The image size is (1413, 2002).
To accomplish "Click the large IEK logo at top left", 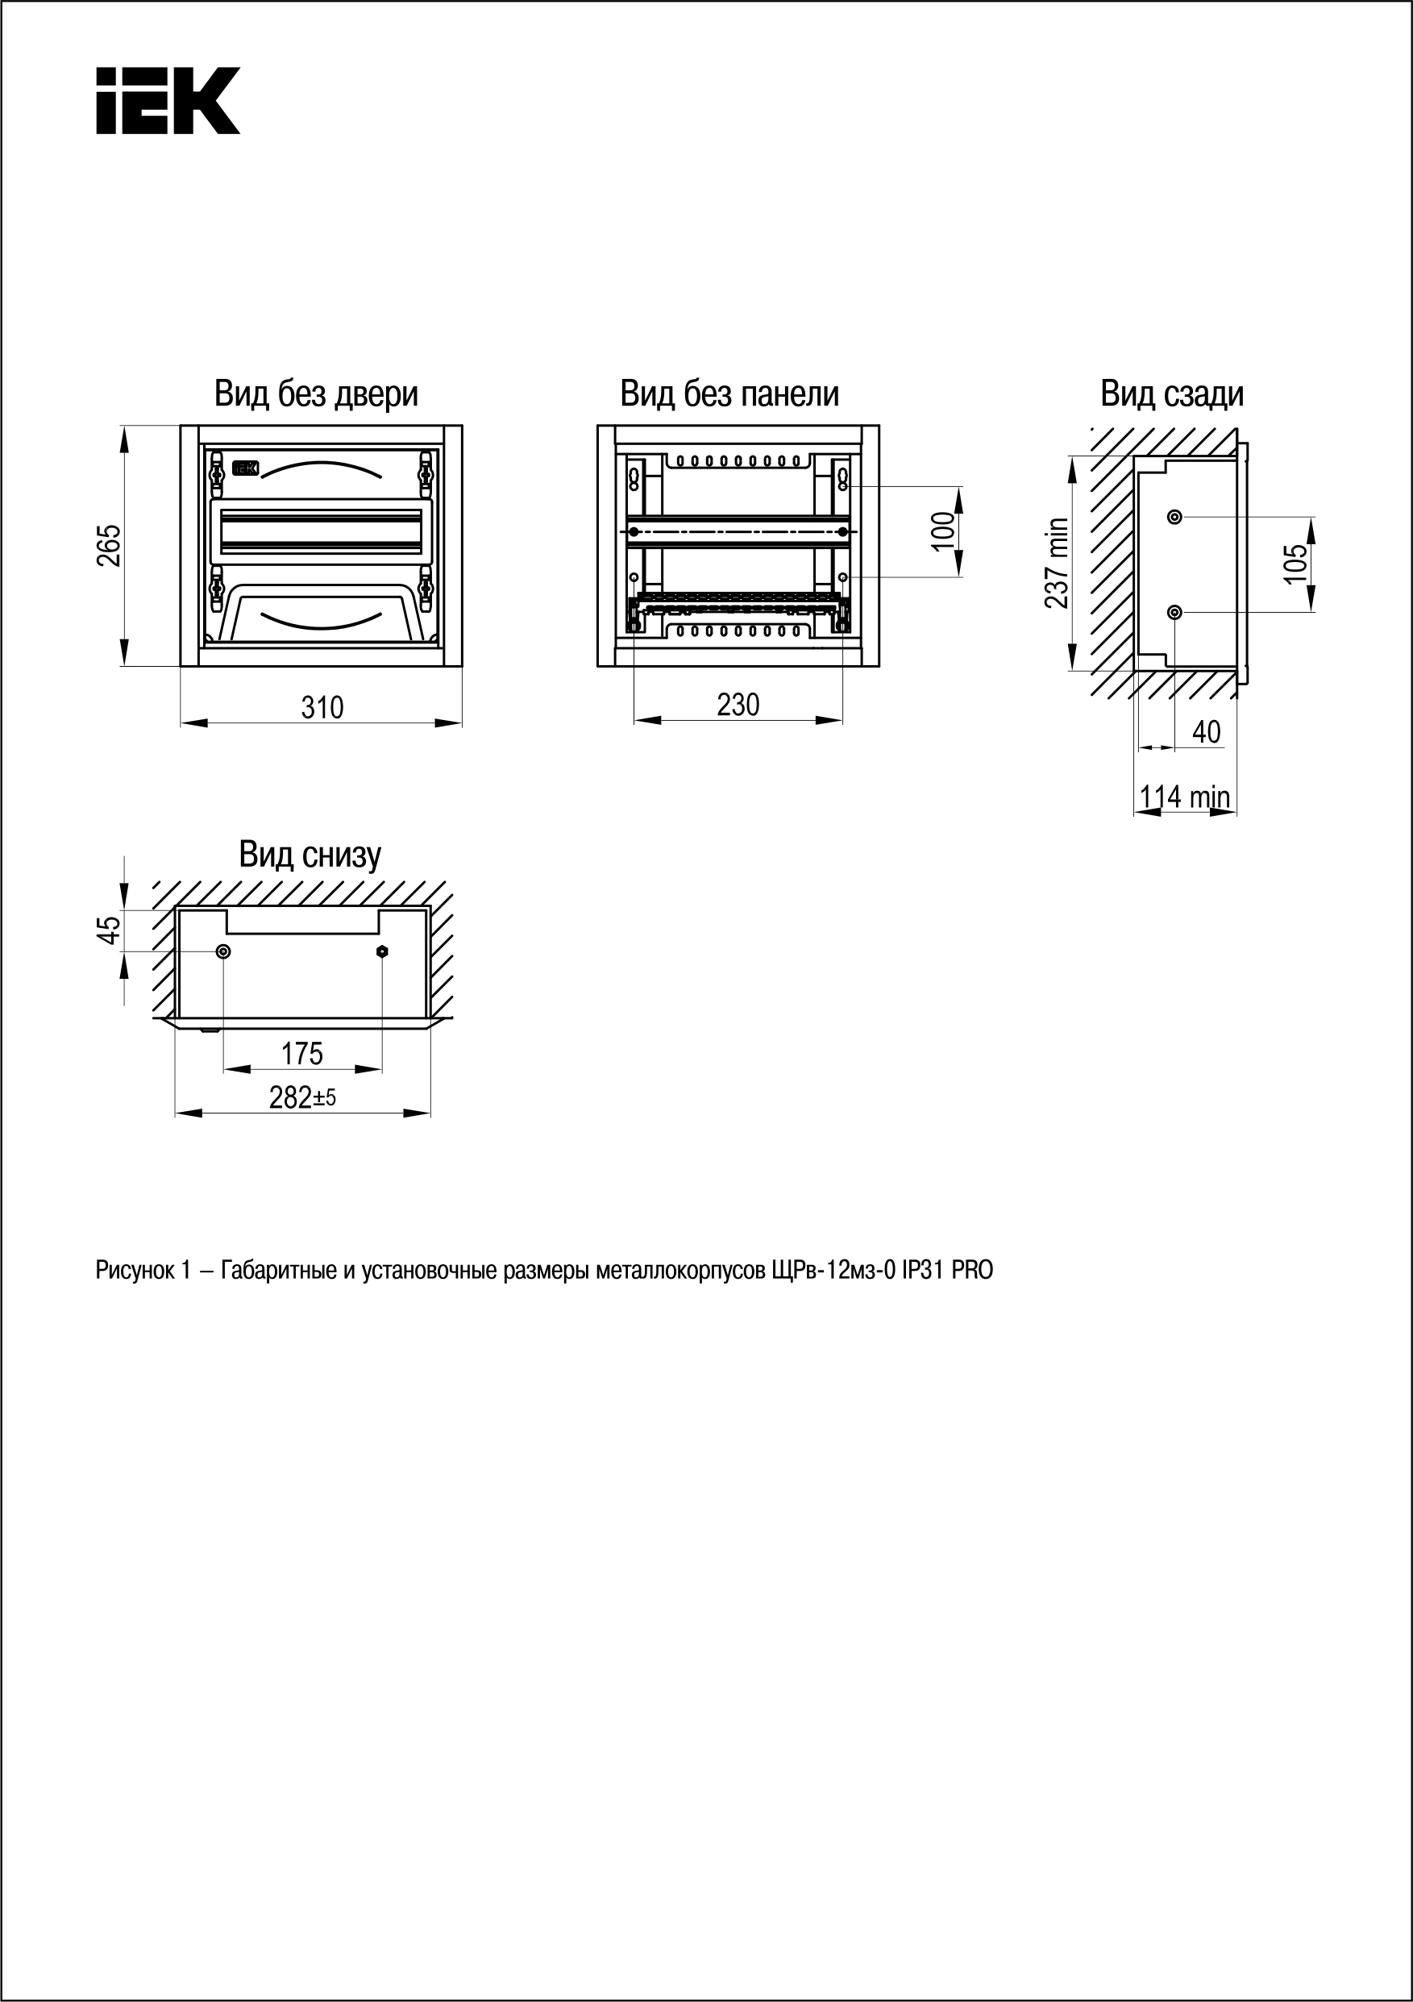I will [168, 100].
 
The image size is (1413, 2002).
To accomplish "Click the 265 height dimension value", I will [109, 545].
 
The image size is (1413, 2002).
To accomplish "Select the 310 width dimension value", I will [322, 707].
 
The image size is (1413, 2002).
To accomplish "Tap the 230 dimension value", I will [738, 705].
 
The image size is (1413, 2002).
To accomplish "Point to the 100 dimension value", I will [943, 531].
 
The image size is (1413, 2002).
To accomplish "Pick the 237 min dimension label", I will [1057, 563].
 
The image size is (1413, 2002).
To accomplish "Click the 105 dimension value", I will [1296, 564].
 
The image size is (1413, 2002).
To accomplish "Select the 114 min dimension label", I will [1185, 796].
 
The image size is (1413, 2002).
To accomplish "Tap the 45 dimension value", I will [109, 930].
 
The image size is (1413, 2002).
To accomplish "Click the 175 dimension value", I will [301, 1053].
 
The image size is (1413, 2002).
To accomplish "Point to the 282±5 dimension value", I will [301, 1097].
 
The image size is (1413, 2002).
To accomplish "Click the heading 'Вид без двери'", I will [317, 394].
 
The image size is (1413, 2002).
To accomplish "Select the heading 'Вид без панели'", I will [729, 394].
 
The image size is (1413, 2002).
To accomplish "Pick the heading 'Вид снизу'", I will [310, 855].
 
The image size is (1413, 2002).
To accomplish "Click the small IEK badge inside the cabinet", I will [245, 469].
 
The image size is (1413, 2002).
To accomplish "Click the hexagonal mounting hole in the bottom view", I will [382, 951].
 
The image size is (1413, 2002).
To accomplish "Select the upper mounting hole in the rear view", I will [1174, 517].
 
